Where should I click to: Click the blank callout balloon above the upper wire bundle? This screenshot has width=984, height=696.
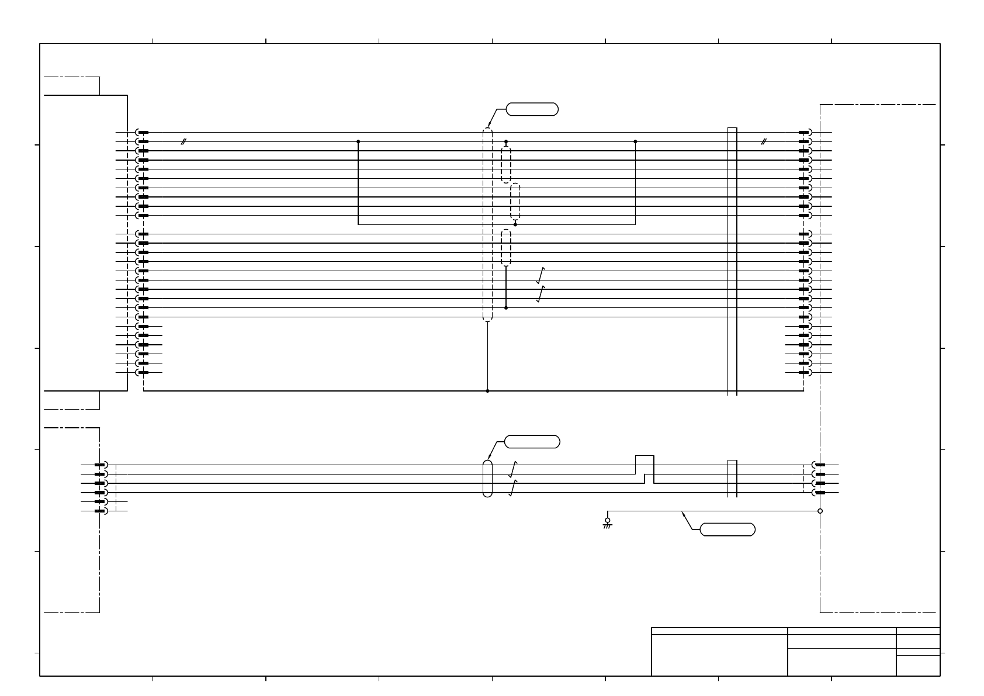(532, 109)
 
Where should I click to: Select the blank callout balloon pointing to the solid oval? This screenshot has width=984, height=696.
(532, 442)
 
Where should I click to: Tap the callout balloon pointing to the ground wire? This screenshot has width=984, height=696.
(727, 530)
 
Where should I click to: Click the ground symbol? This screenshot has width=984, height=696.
(607, 525)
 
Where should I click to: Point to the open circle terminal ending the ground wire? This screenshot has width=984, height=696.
(820, 511)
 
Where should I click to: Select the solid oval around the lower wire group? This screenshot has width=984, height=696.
(487, 479)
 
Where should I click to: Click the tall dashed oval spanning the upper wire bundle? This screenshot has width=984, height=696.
(487, 224)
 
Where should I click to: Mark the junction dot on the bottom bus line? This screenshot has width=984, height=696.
(487, 391)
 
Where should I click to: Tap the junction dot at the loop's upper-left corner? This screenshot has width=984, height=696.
(358, 141)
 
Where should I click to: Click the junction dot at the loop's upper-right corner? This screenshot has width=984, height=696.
(635, 141)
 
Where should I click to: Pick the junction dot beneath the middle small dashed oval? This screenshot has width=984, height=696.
(515, 224)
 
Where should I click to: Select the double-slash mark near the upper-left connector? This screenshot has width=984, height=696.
(183, 141)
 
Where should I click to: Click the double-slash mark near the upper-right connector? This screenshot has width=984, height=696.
(763, 141)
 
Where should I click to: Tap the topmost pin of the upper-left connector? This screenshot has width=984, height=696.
(143, 133)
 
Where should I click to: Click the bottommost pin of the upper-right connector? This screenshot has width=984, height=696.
(804, 372)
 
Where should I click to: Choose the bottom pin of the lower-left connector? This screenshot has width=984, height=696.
(101, 511)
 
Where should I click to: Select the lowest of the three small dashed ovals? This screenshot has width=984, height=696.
(506, 248)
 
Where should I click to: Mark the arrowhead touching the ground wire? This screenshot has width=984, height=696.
(684, 514)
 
